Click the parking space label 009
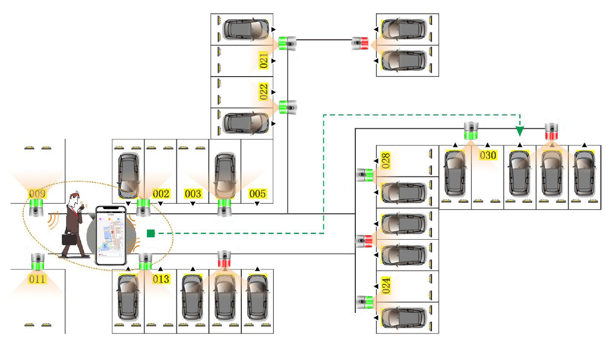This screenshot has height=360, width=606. coord(37,193)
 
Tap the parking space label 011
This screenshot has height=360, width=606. coord(37,279)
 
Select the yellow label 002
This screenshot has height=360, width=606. coord(161,194)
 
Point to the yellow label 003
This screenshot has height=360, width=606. coord(193,194)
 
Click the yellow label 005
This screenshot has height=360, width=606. coord(257,194)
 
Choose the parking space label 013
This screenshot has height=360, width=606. coord(161,279)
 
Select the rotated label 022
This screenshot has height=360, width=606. coord(263,92)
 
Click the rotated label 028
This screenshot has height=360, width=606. coord(386,161)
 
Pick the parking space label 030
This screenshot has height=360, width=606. coord(488,155)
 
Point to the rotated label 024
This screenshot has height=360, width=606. coord(386,286)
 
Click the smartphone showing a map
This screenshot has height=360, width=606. coord(111,236)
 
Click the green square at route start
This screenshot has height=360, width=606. coord(151,233)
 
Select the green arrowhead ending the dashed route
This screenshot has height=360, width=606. coord(520,131)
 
